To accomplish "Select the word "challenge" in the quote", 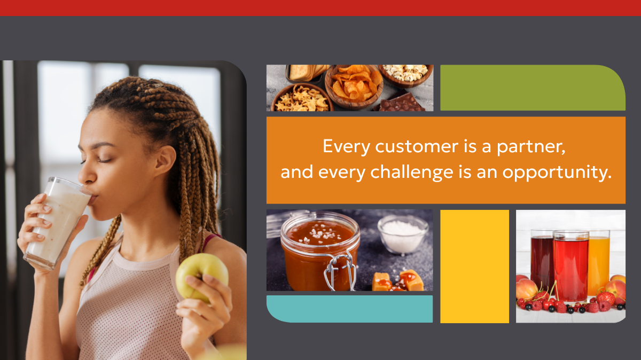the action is pos(412,171).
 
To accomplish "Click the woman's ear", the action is pos(167,160).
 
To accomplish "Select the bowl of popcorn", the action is pos(406,74).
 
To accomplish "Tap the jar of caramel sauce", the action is pos(320,252).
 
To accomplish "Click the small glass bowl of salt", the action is pos(403,234).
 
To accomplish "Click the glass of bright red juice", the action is pos(570,266).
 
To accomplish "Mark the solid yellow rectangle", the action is pos(474,267).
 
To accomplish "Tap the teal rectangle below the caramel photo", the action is pos(350,309).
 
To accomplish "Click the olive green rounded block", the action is pos(533,88).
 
